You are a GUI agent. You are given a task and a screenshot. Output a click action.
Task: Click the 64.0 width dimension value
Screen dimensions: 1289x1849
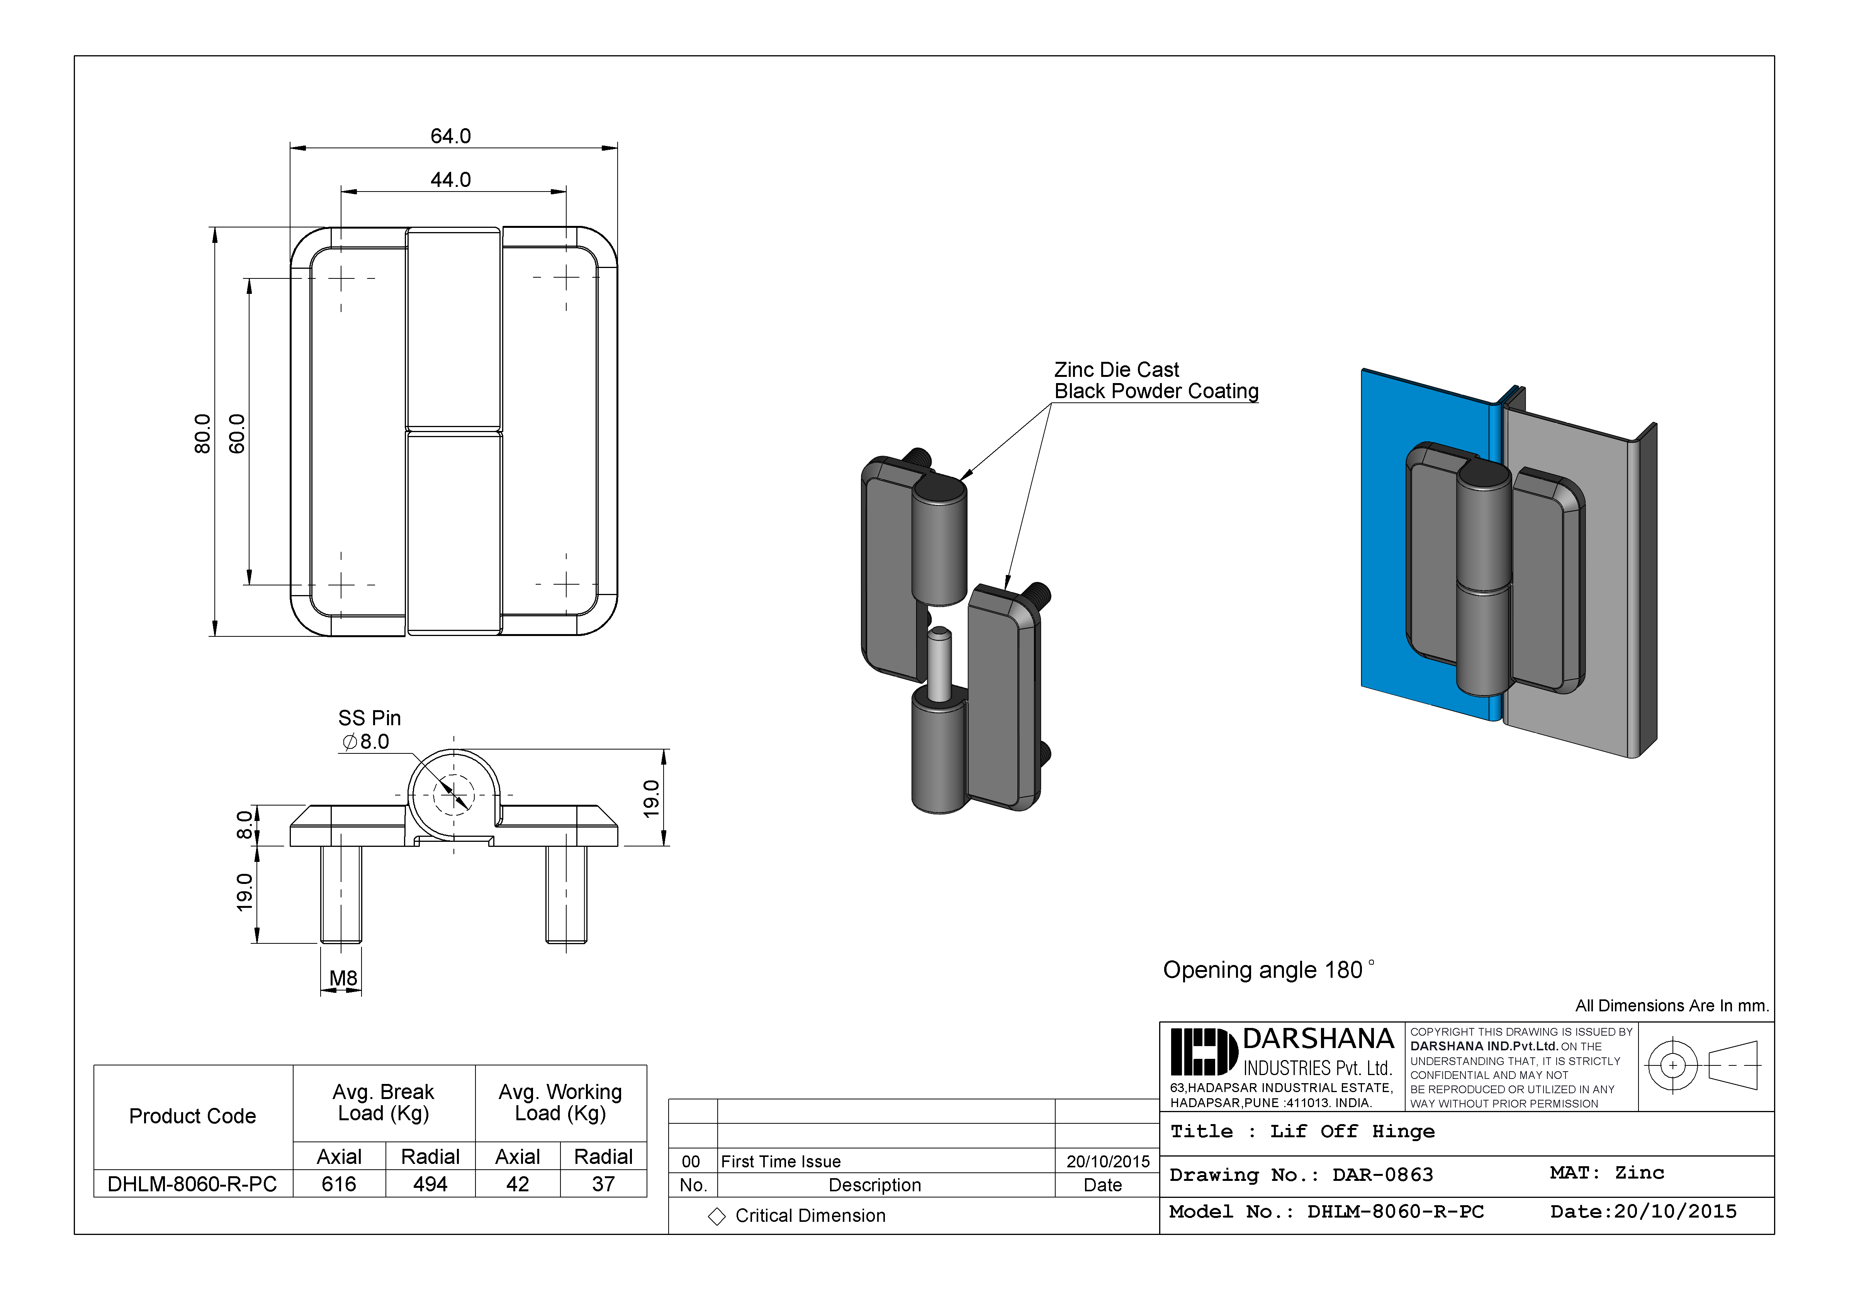tap(450, 136)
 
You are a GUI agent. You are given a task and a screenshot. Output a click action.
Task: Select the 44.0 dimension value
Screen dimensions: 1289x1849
tap(450, 180)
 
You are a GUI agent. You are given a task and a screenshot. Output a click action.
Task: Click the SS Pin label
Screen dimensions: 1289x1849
tap(369, 717)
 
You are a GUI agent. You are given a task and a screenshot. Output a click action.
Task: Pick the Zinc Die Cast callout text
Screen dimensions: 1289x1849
tap(1116, 370)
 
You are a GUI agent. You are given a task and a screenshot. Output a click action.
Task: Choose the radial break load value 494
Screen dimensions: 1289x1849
tap(430, 1184)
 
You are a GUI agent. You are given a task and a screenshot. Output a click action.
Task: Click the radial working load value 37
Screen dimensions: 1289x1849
tap(603, 1184)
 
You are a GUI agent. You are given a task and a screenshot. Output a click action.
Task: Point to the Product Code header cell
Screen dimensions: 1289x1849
tap(192, 1116)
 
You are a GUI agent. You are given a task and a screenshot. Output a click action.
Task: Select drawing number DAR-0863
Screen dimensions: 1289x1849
tap(1383, 1175)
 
